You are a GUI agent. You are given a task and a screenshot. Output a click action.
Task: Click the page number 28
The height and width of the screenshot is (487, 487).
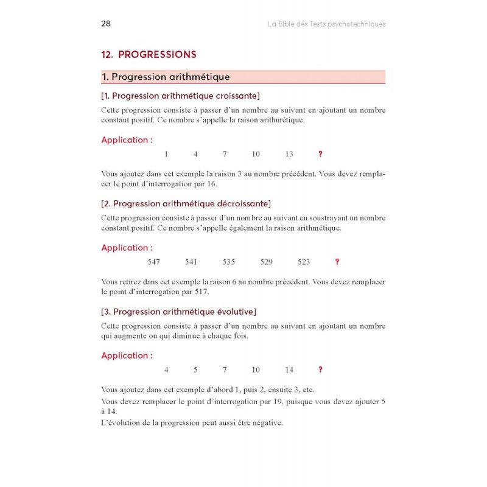105,24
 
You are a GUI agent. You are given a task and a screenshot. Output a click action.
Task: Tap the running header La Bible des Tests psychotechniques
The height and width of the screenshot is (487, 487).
327,24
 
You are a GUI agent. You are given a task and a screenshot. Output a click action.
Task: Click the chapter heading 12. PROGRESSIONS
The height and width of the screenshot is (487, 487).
149,54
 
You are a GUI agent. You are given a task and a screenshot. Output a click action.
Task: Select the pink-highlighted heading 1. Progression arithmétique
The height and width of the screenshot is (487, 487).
166,77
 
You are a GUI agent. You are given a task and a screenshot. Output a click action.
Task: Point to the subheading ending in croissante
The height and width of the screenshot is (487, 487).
180,96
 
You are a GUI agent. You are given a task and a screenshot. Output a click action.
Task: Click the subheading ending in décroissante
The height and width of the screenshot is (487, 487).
186,203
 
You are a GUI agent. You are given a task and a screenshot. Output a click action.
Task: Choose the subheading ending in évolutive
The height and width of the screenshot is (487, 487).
178,312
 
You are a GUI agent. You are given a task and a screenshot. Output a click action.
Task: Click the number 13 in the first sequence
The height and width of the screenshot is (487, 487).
289,154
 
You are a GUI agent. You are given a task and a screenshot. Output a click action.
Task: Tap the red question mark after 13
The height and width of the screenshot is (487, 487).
320,154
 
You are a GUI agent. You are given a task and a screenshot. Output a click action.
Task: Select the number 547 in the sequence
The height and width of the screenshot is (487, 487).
154,262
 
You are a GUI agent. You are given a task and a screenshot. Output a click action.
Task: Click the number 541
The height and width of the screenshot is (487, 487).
191,262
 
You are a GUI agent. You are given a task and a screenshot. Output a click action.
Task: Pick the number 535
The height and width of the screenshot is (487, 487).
228,262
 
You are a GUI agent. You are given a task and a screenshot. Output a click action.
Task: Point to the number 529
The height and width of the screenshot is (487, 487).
266,262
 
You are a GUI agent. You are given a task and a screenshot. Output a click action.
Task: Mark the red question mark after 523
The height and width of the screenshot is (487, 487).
337,262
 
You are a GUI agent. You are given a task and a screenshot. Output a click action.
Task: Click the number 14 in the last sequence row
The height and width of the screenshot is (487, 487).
289,370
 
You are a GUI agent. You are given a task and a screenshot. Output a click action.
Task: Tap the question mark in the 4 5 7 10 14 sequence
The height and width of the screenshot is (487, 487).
320,370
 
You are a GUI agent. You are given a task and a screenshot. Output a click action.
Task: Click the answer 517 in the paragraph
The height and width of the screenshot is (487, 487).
201,292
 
